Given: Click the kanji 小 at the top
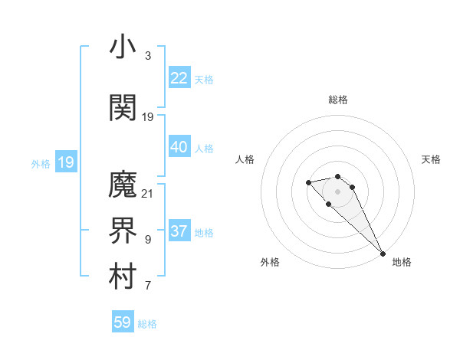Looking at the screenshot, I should tap(123, 48).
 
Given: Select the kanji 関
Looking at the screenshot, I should tap(123, 108).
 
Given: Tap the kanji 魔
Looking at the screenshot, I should tap(123, 185).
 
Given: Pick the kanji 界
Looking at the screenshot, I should tap(123, 232).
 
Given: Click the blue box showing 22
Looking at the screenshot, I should tap(179, 78).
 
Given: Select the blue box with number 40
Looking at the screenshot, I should tap(179, 147).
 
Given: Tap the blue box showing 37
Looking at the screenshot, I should tap(179, 231).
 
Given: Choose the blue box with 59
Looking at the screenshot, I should tap(122, 322).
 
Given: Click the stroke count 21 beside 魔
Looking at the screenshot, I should tap(148, 193).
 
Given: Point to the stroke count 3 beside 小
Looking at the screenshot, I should tap(147, 56).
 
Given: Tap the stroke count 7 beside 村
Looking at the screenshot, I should tap(147, 286).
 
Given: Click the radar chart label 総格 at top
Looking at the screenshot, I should tap(338, 100).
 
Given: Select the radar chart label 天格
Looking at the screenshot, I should tap(432, 159).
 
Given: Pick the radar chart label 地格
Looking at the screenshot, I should tap(402, 262).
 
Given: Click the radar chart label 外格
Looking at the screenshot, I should tap(270, 262).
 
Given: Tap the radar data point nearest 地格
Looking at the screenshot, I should tap(383, 253).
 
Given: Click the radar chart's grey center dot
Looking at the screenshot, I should tap(338, 191).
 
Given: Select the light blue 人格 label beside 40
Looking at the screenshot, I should tap(204, 148).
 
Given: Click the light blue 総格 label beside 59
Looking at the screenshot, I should tap(147, 323).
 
